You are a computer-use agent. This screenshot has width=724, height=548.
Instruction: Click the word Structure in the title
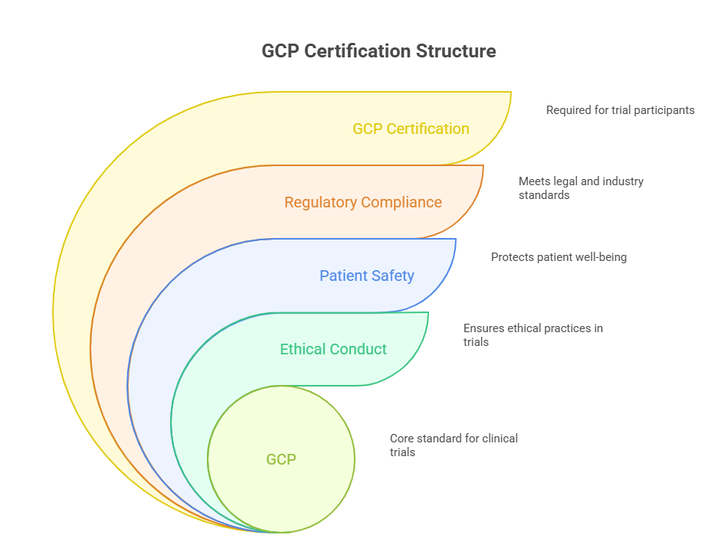[457, 51]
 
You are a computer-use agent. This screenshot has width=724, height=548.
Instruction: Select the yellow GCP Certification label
[411, 129]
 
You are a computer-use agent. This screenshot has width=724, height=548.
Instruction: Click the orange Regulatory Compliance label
[362, 202]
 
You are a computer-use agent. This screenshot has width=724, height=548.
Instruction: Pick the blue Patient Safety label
[366, 276]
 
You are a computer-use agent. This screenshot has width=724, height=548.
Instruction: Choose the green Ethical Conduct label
[333, 349]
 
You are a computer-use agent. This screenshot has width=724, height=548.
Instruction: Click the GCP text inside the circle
[281, 459]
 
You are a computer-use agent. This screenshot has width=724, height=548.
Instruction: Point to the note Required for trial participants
[620, 110]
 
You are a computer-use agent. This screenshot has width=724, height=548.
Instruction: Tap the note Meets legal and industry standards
[581, 188]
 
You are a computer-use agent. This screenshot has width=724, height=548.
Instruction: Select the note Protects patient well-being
[559, 257]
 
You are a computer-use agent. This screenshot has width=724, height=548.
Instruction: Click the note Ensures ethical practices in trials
[532, 335]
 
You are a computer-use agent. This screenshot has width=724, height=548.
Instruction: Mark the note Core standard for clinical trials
[454, 445]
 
